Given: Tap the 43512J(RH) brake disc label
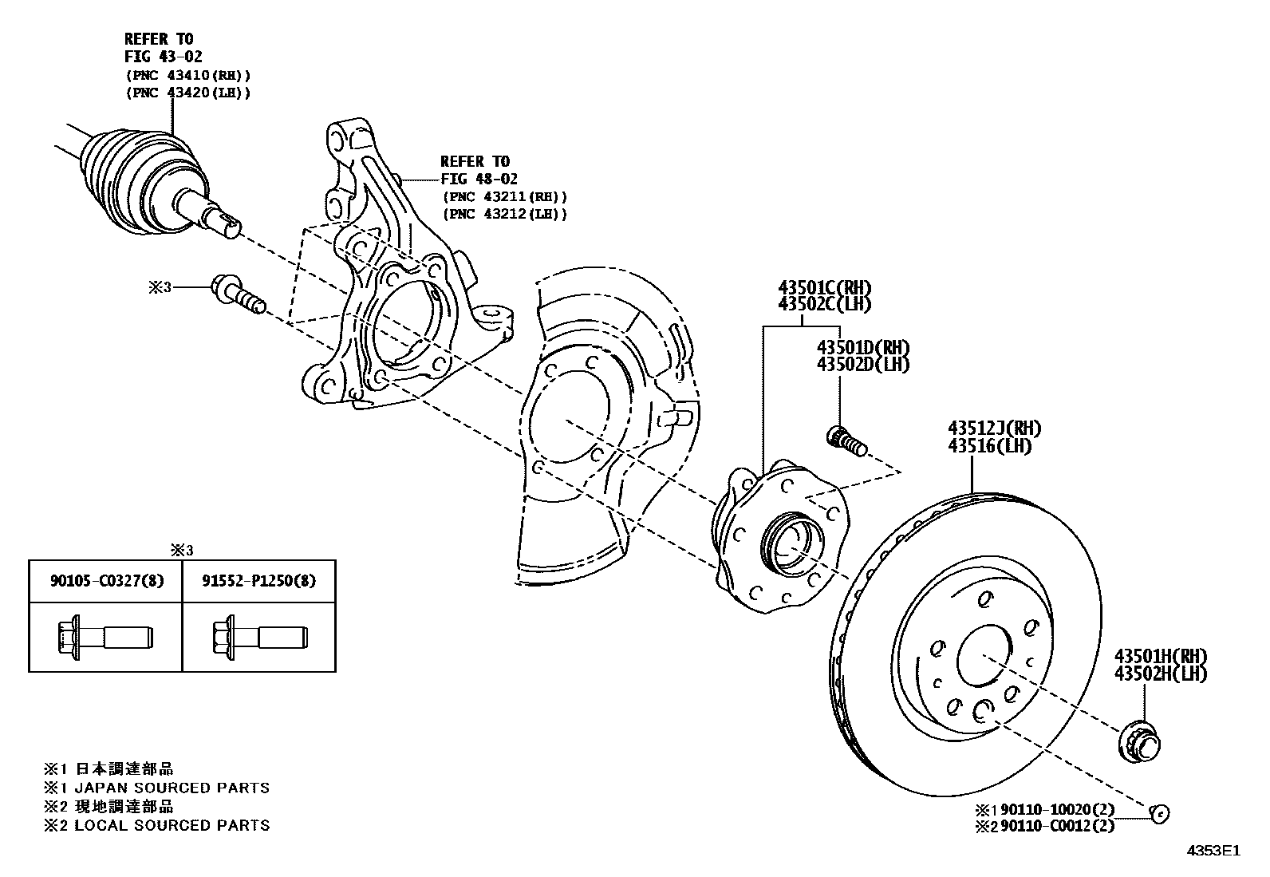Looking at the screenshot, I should coord(994,429).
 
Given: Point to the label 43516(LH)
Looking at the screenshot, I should coord(989,446).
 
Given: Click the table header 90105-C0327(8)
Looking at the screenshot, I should coord(105,580).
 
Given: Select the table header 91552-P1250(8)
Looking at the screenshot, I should coord(258,580).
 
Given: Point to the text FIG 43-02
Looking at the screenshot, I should coord(163,57).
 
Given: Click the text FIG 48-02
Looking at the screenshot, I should coord(479,180).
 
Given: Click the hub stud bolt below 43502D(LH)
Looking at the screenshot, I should coord(845,440).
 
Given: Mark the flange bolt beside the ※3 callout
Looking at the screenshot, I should coord(236,294).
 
